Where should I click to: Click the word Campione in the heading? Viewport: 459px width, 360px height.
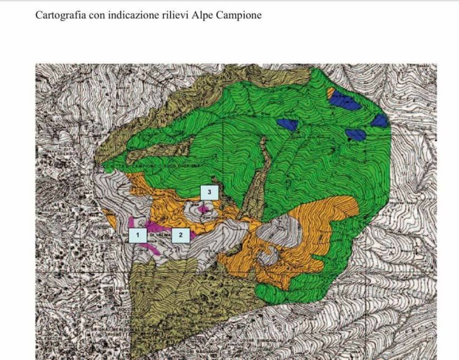tap(239, 16)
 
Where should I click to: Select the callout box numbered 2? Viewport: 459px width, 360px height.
tap(180, 235)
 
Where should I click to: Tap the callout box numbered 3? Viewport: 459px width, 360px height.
tap(209, 192)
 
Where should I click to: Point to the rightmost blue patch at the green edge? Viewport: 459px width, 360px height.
tap(379, 120)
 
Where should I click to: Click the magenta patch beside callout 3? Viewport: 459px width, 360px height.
tap(204, 209)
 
